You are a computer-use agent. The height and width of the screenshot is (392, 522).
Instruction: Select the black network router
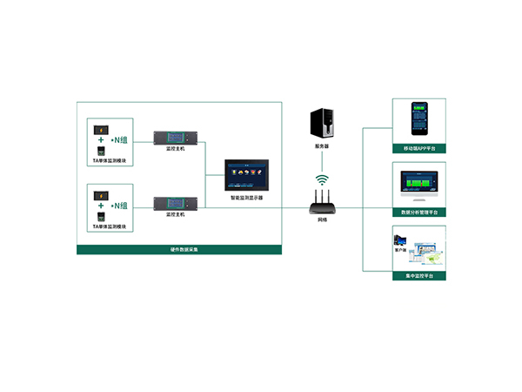tap(323, 206)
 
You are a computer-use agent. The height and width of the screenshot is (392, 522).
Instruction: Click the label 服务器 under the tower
tap(322, 146)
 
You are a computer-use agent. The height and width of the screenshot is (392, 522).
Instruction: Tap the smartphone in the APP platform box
tap(419, 119)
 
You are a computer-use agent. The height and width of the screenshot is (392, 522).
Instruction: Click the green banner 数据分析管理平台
tap(419, 212)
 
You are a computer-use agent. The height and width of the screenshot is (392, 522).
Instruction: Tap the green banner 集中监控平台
tap(419, 275)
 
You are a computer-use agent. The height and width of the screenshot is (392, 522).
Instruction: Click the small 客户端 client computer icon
tap(401, 240)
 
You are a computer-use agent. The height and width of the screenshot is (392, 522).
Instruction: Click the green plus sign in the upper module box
tap(102, 139)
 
